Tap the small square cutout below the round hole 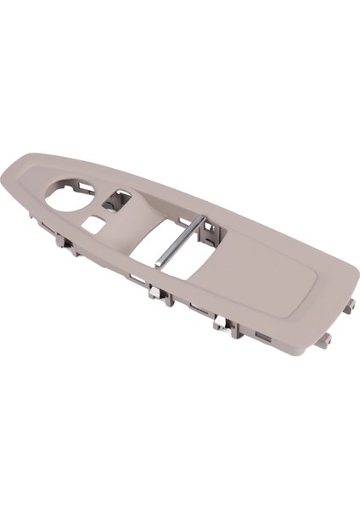(x=94, y=224)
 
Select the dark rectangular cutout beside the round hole (x=116, y=202)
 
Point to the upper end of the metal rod (x=204, y=223)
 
